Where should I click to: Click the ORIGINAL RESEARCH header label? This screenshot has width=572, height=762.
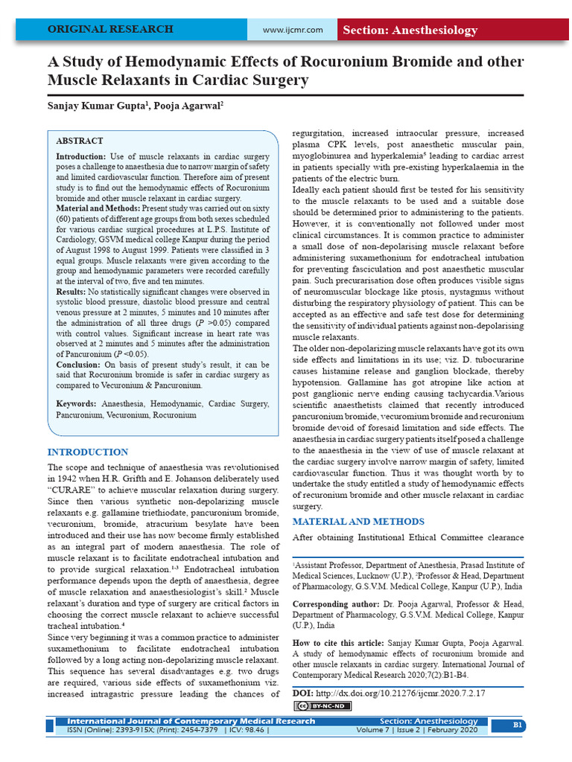point(110,30)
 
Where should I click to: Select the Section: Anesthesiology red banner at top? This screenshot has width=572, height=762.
point(410,31)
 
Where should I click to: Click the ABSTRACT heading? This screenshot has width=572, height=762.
point(80,141)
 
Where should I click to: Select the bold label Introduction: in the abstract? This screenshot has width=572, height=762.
point(81,157)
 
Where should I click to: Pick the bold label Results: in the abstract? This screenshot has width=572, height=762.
point(71,292)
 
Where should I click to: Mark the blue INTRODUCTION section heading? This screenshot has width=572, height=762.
point(88,452)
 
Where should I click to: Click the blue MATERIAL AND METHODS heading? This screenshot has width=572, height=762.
point(358,521)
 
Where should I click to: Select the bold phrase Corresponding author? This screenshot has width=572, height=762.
point(337,604)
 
